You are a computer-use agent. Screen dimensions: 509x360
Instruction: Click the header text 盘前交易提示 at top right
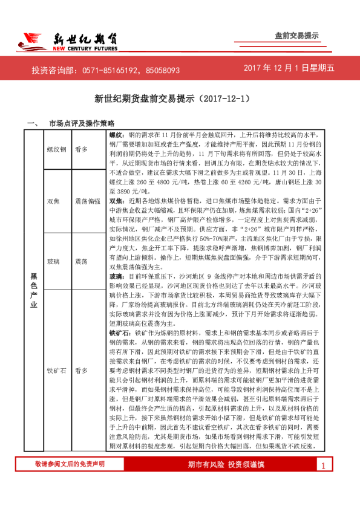click(x=297, y=36)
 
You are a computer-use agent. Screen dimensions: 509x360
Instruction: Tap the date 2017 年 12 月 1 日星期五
click(x=289, y=70)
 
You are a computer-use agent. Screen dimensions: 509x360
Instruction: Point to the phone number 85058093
click(x=159, y=70)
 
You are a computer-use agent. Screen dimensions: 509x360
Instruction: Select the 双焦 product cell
click(x=53, y=200)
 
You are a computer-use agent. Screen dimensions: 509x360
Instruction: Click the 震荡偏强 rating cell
click(x=88, y=200)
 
